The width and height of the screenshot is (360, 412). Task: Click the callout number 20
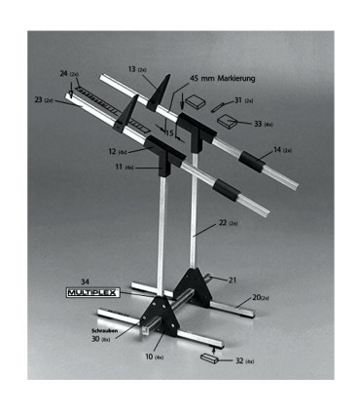point(257,296)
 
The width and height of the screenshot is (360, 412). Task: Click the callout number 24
point(64,73)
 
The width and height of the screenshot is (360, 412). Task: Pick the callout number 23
point(38,99)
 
